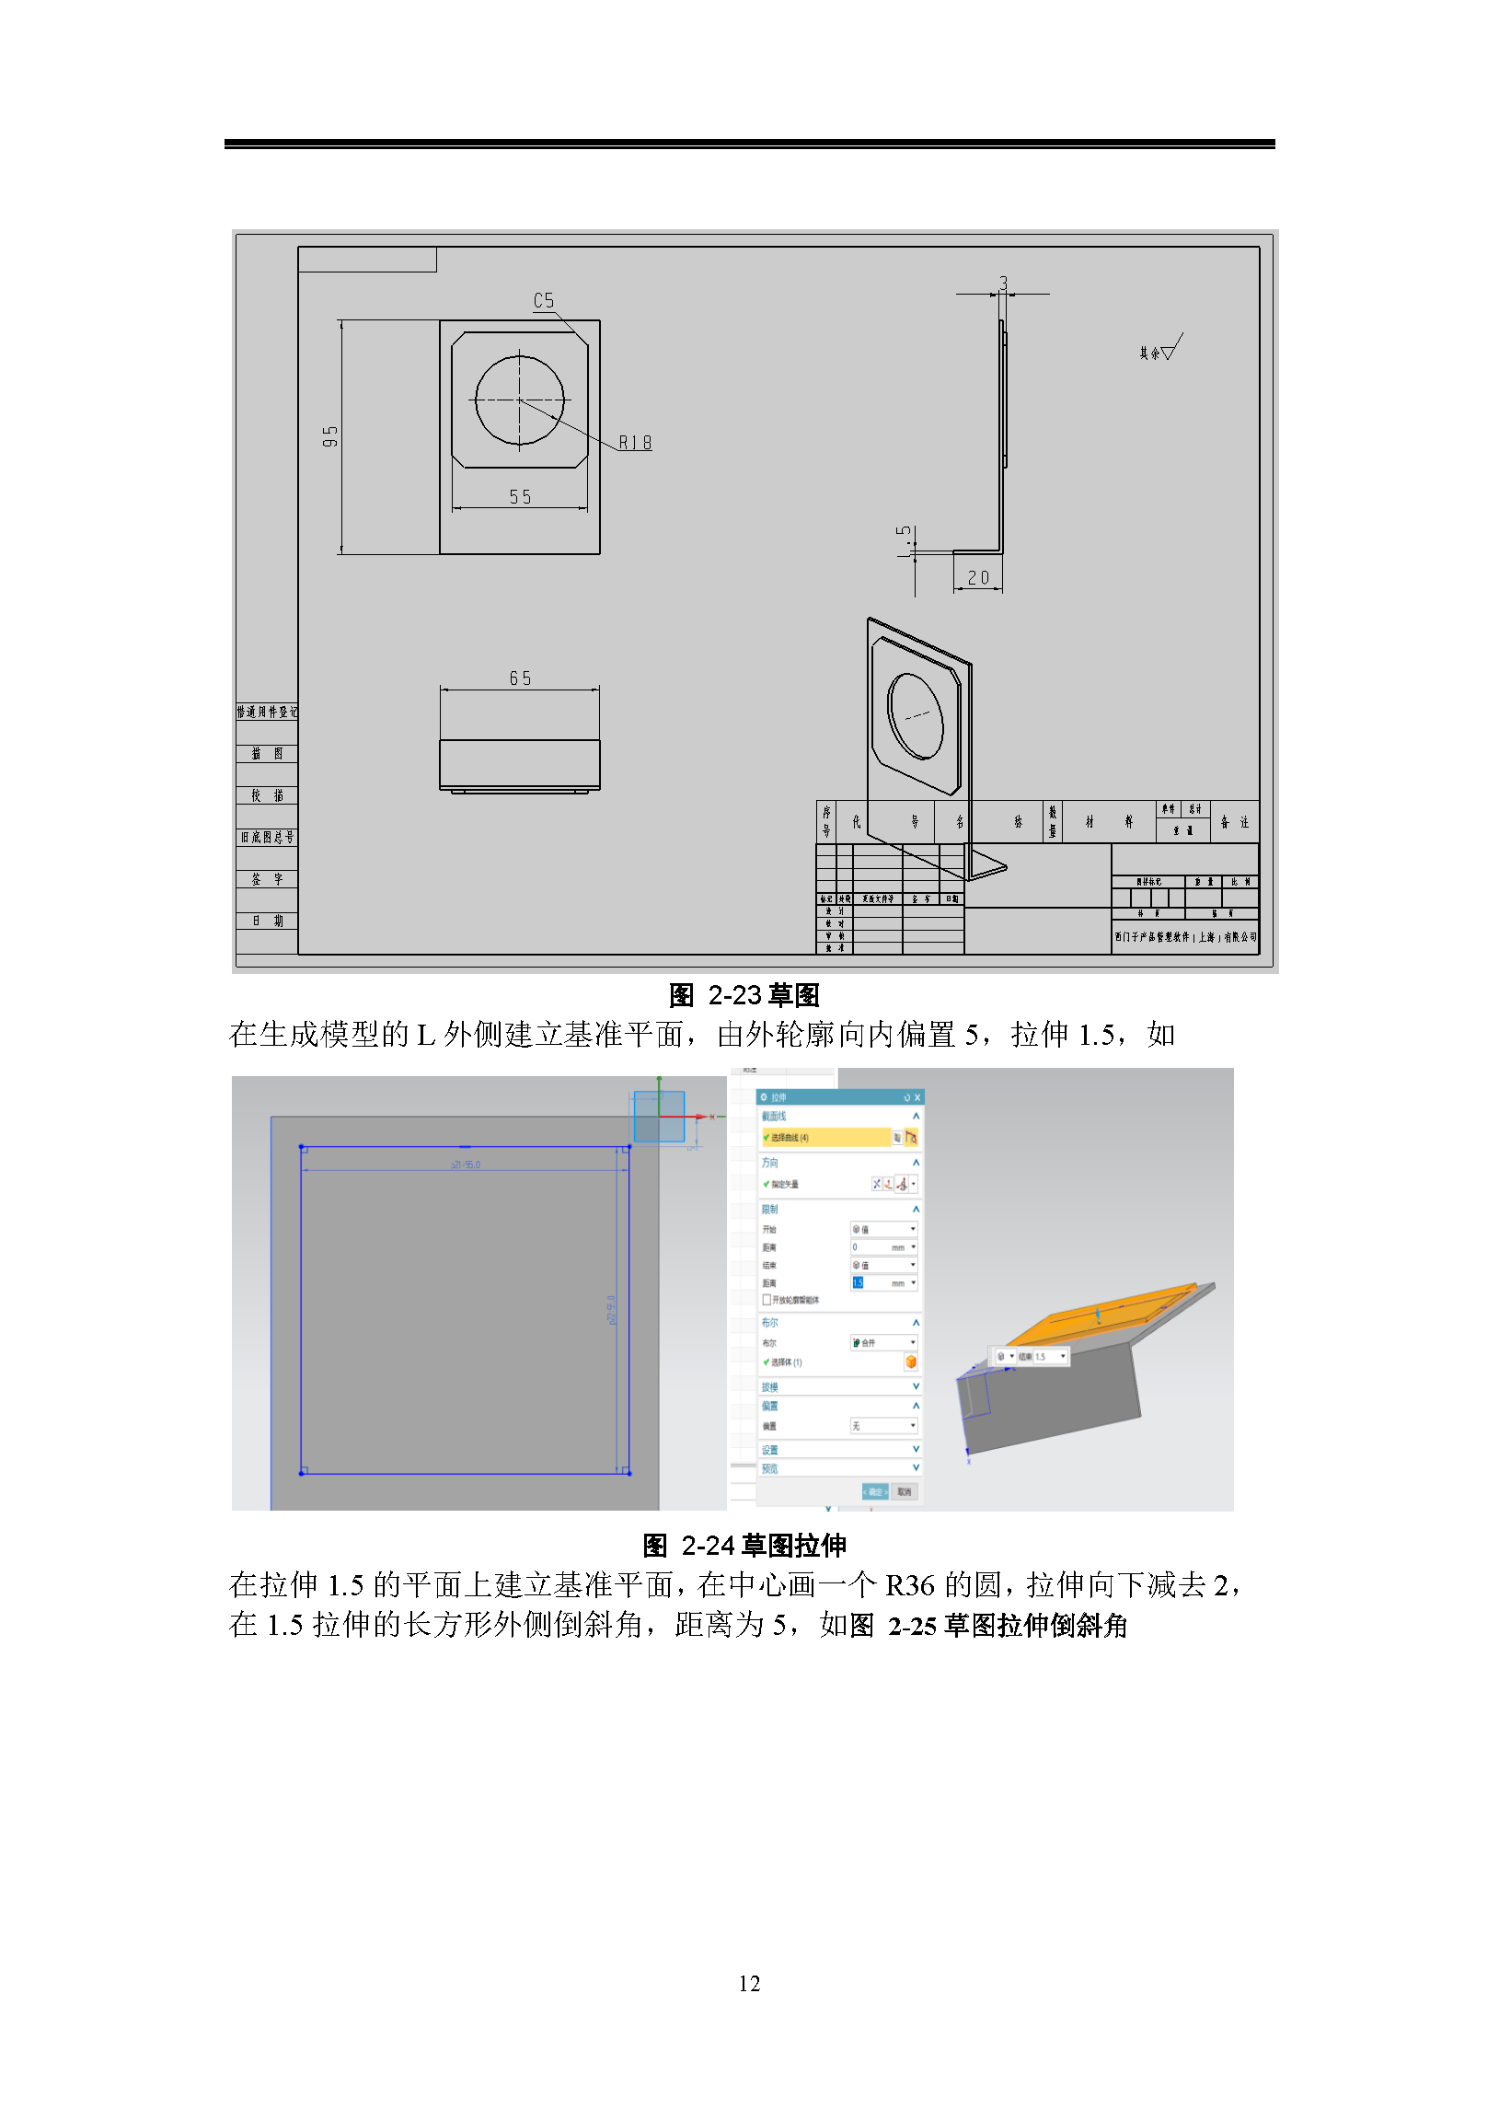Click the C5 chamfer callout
(x=544, y=301)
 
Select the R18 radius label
(x=635, y=444)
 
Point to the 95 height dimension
(x=330, y=437)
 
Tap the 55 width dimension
(x=520, y=497)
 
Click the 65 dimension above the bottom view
(x=520, y=679)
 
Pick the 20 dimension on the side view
(x=978, y=578)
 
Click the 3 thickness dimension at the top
(x=1003, y=283)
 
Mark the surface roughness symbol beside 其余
(x=1172, y=349)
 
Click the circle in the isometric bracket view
(x=915, y=716)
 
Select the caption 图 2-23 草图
(x=744, y=995)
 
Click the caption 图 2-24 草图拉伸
(x=744, y=1546)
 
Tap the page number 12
(x=749, y=1983)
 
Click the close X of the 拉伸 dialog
(x=917, y=1097)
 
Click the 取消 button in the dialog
(x=905, y=1492)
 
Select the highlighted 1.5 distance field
(x=882, y=1283)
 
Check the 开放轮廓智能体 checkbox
(x=767, y=1300)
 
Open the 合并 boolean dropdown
(x=884, y=1342)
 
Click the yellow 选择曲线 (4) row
(x=826, y=1137)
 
